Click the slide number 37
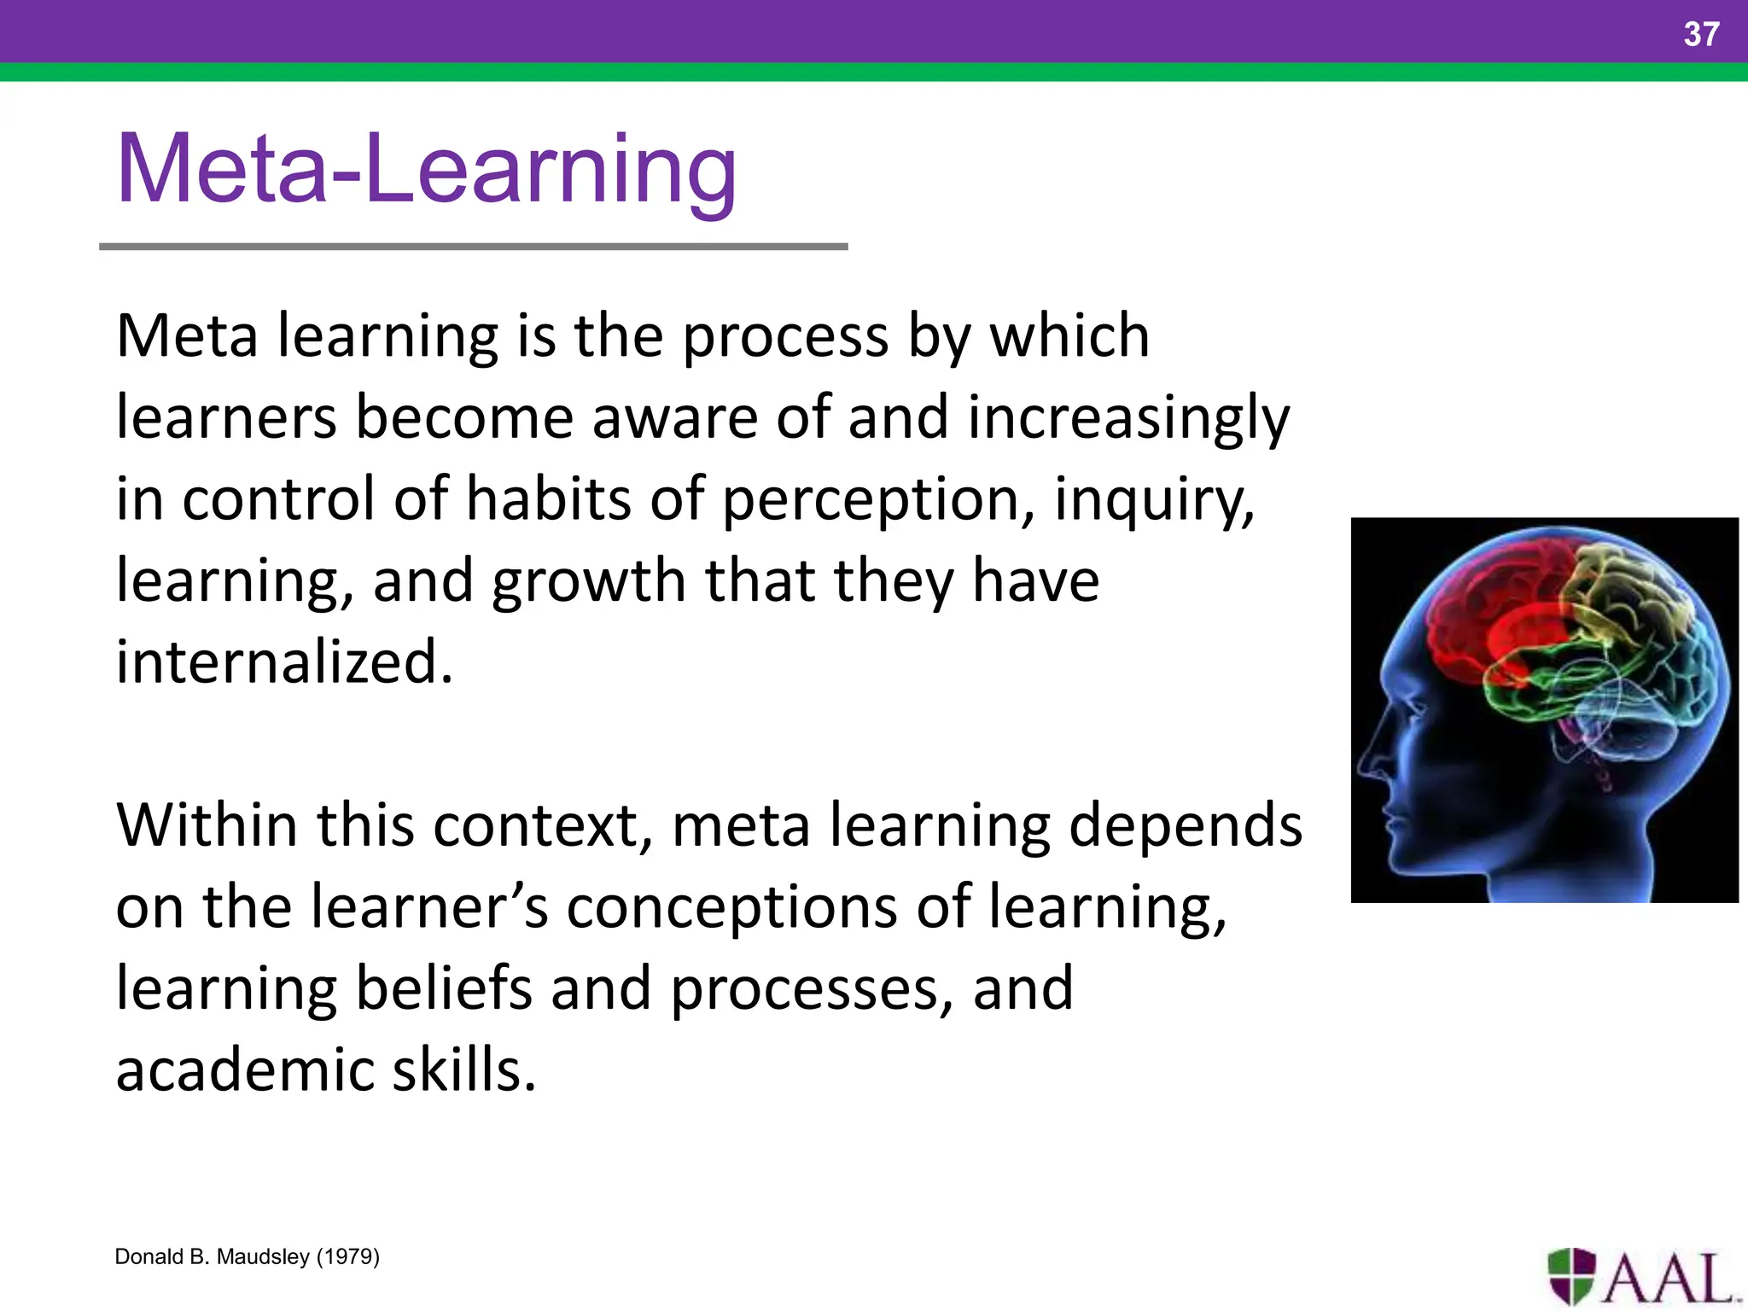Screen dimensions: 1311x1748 1700,34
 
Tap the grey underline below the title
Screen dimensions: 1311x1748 473,247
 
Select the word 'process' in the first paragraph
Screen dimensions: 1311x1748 785,336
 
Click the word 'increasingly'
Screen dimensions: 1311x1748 1128,418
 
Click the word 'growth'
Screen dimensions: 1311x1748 588,580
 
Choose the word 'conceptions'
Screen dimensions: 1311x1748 731,906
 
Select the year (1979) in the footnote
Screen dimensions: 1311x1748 347,1256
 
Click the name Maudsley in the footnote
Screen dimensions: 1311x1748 263,1256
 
